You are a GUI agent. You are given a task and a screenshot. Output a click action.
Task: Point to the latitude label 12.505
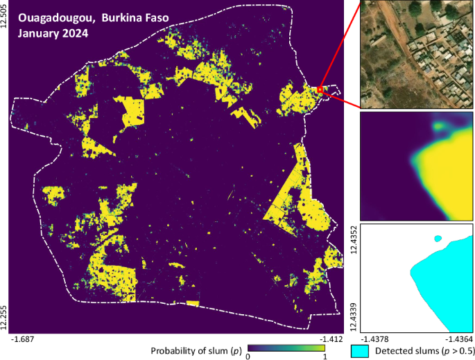coord(6,15)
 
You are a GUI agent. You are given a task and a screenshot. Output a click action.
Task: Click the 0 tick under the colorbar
coord(248,356)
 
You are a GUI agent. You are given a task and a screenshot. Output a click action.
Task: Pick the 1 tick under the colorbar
coord(323,356)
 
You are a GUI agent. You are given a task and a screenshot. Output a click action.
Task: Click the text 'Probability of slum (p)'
coord(198,350)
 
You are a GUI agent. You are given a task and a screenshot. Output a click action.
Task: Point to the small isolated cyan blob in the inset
coord(438,239)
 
